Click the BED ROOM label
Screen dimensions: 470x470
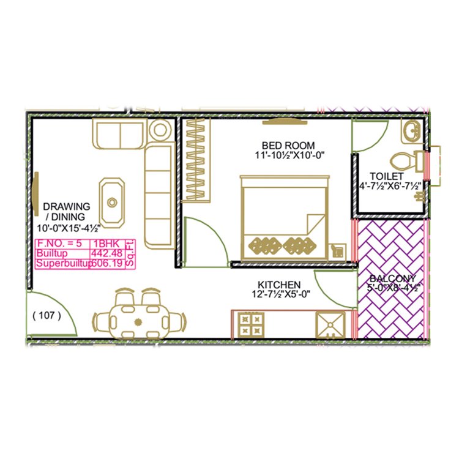pos(288,145)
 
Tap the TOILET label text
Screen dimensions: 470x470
pos(382,176)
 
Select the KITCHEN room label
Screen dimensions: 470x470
pos(278,285)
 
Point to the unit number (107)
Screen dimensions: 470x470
pos(47,316)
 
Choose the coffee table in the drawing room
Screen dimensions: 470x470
pos(112,201)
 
